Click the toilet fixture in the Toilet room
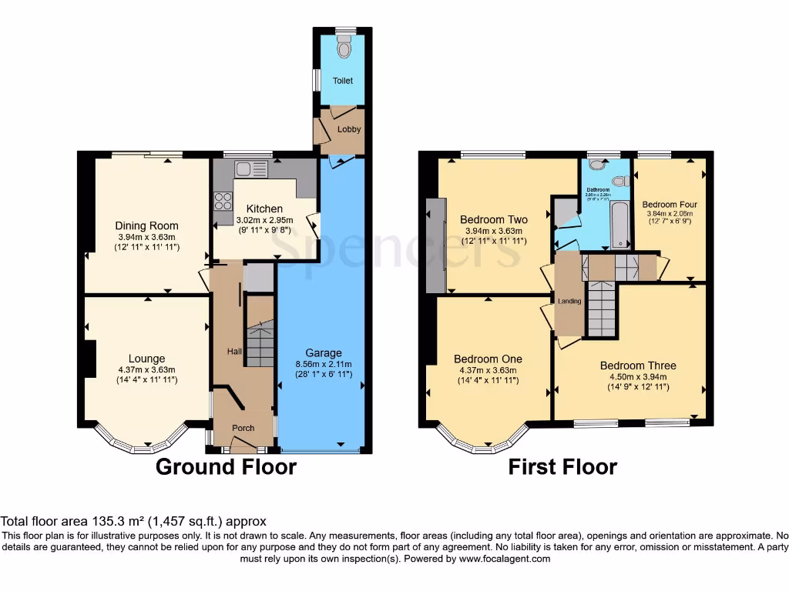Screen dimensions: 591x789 coord(343,48)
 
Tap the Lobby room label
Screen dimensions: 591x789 coord(349,129)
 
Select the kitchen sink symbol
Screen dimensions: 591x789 coord(250,169)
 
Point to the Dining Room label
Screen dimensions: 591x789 coord(147,225)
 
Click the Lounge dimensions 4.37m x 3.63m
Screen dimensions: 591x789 coord(147,369)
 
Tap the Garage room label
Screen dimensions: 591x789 coord(323,353)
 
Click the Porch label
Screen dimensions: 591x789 coord(243,429)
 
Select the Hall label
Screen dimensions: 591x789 coord(234,352)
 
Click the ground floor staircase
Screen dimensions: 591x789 coord(260,343)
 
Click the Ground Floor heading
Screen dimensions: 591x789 coord(226,466)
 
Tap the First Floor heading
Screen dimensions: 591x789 coord(562,466)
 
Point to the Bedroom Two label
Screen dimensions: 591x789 coord(494,220)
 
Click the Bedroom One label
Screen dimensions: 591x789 coord(488,359)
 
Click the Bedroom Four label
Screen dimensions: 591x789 coord(670,204)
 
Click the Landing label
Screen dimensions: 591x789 coord(569,301)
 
